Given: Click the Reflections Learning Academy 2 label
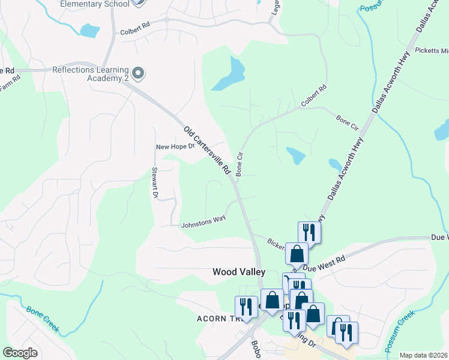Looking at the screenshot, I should tap(90, 73).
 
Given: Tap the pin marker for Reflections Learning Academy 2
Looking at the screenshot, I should tap(139, 73).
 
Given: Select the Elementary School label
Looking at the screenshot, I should tap(95, 4).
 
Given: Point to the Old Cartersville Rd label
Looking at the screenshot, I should tap(208, 150).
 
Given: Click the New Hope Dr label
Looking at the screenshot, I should tap(175, 146).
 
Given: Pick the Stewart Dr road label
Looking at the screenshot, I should tap(154, 183).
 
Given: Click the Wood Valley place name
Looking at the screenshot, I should tap(239, 272).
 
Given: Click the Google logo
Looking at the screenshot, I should tap(20, 353).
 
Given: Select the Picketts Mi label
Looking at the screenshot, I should tap(431, 50).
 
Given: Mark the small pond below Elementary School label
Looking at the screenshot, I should tap(89, 30).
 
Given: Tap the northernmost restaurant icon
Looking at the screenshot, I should tap(309, 232).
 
